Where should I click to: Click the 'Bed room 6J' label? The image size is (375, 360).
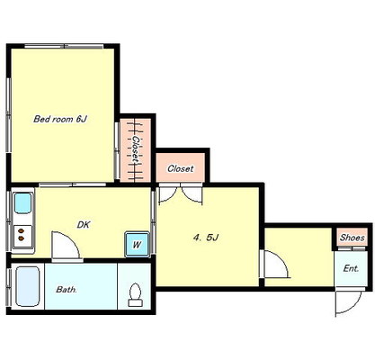pos(60,119)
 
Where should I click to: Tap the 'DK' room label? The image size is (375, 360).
pos(84,225)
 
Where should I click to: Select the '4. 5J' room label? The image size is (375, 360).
pos(206,238)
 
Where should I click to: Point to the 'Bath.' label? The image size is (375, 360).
pos(67,290)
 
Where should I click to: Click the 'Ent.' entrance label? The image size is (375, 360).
pos(351,268)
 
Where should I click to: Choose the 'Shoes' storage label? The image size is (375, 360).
pos(353,238)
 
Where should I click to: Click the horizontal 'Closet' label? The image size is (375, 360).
pos(181,168)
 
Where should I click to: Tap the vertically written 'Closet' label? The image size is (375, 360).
pos(137,150)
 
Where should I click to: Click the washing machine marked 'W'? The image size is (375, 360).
pos(137,244)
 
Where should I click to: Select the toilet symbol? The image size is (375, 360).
pos(136,294)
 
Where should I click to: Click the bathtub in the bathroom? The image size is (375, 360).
pos(28,286)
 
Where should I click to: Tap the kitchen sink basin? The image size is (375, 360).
pos(23,203)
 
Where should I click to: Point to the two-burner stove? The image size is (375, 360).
pos(22,235)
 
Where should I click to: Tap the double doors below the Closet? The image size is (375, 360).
pos(181,194)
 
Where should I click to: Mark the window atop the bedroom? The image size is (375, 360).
pos(64,46)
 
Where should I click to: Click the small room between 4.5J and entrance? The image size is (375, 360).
pos(299,256)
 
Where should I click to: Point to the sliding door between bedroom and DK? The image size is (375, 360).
pos(72,184)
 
